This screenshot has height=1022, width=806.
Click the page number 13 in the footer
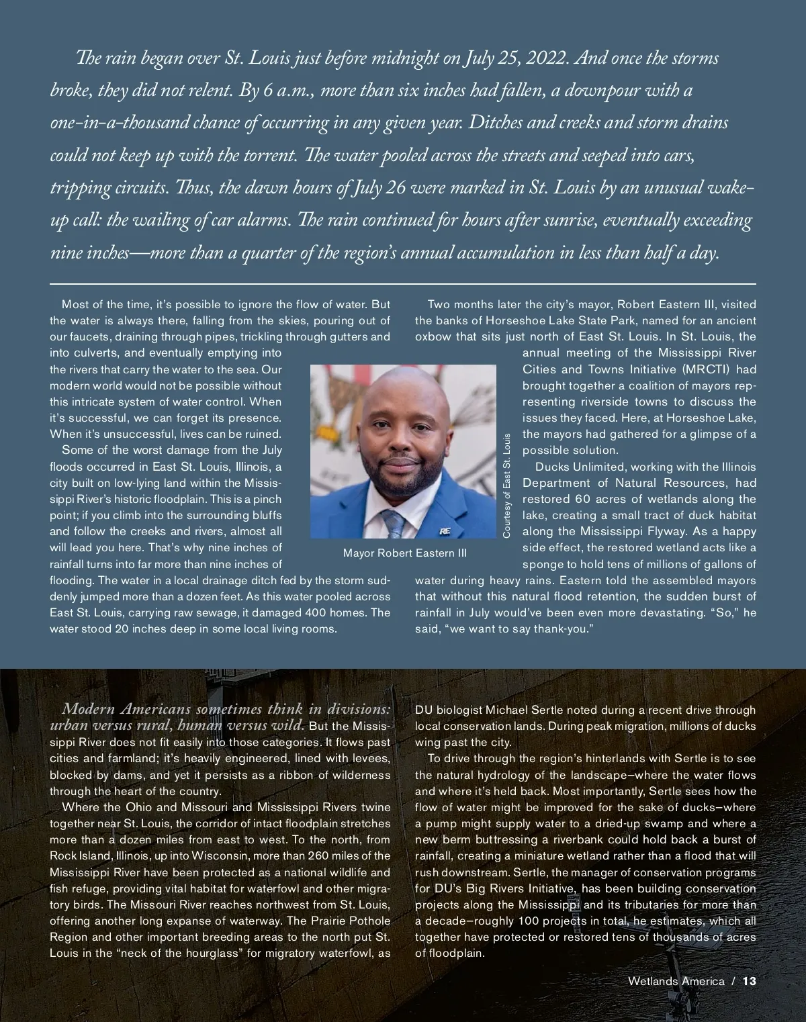(x=750, y=981)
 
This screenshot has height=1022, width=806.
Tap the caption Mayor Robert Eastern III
(x=404, y=553)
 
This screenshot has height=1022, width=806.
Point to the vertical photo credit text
(x=507, y=485)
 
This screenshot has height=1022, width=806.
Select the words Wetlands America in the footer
(x=676, y=981)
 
